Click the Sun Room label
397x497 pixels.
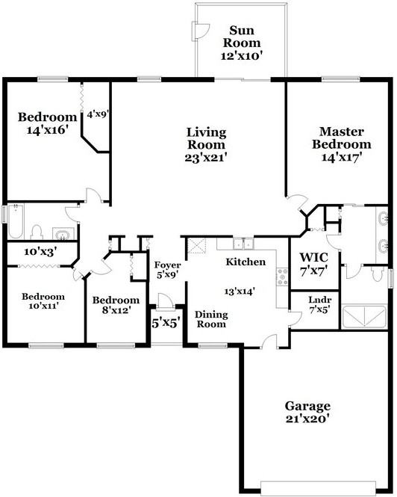[x=242, y=37]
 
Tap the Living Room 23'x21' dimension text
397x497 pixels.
[x=206, y=158]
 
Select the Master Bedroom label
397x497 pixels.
[x=341, y=138]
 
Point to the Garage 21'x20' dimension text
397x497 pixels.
[x=307, y=419]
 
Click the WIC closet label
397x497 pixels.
[x=313, y=257]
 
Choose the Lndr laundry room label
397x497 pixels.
[x=319, y=300]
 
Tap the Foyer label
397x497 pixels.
[x=167, y=265]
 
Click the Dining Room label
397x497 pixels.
[x=211, y=319]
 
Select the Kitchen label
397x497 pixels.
[x=246, y=262]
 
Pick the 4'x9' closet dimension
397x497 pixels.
[x=98, y=114]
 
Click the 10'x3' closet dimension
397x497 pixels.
[x=40, y=252]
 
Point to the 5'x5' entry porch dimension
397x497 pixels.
[x=166, y=324]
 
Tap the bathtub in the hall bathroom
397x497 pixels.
[x=16, y=221]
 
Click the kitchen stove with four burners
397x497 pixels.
[x=282, y=277]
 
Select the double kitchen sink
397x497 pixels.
[x=243, y=244]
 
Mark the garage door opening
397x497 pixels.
[x=318, y=489]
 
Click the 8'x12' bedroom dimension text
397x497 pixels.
[x=116, y=309]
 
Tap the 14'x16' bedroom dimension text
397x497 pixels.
[x=48, y=130]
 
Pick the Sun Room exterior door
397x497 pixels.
[x=201, y=31]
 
